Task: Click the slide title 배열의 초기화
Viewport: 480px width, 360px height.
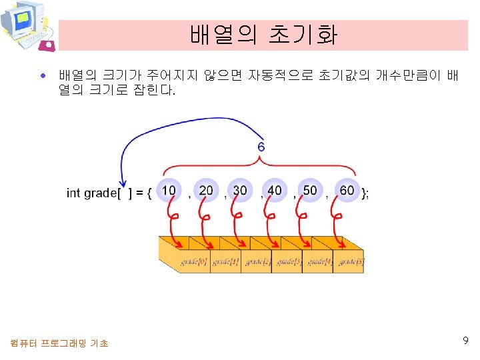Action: (x=263, y=35)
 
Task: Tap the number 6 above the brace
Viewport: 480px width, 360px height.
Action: (x=261, y=147)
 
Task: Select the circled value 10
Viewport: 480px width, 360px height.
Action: (x=169, y=191)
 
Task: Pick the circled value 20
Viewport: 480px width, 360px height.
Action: (x=206, y=191)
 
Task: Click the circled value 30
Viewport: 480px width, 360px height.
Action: (x=239, y=191)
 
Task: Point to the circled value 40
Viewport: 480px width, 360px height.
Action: (x=275, y=191)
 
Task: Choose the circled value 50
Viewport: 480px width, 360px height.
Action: (x=310, y=191)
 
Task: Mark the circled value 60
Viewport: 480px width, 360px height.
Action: (x=347, y=191)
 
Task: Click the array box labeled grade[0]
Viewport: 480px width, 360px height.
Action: (x=194, y=261)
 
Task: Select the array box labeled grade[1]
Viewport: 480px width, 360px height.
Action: (x=225, y=261)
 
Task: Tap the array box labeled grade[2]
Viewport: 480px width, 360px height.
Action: (x=257, y=261)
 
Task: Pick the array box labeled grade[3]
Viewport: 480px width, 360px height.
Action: (x=287, y=261)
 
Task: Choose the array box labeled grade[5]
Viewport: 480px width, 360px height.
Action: (x=350, y=261)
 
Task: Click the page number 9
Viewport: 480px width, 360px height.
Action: (x=465, y=341)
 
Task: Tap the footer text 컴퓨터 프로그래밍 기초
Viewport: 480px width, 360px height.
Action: (x=59, y=343)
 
